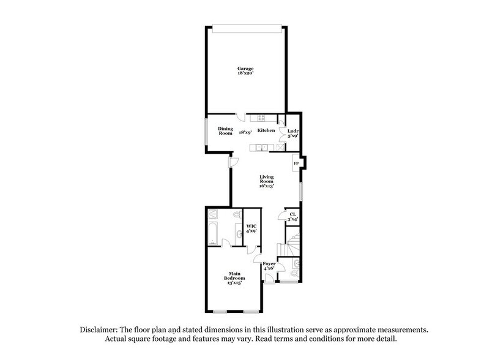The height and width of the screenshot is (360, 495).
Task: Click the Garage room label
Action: coord(246,68)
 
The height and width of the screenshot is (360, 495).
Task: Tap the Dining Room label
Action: coord(226,130)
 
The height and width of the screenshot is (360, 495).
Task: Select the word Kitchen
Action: coord(266,131)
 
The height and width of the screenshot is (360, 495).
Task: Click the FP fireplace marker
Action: coord(296,163)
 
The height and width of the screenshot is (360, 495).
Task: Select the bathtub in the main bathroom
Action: coord(212,234)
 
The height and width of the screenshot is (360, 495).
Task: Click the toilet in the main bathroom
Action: coord(236,216)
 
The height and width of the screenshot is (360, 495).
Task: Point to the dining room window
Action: coord(206,130)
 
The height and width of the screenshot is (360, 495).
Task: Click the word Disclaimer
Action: coord(99,329)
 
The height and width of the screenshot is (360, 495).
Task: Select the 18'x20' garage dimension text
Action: coord(246,73)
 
